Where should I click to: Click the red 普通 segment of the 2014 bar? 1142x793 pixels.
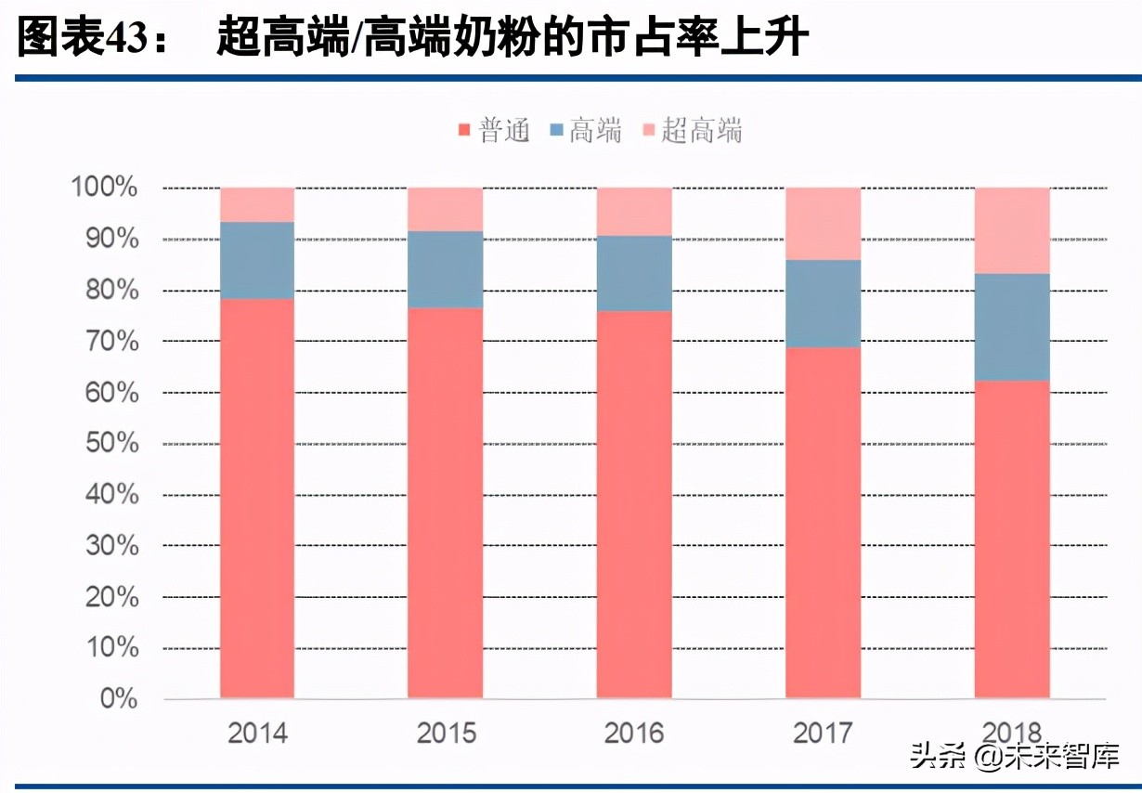pos(257,498)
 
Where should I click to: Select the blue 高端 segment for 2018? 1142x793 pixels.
pos(1011,327)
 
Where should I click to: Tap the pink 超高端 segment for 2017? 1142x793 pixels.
pos(823,224)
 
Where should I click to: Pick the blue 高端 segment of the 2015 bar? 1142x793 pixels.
pos(446,269)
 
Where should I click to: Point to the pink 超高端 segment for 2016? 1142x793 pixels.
pos(634,212)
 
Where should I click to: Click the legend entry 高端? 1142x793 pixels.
pos(586,131)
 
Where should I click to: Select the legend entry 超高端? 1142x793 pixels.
pos(692,131)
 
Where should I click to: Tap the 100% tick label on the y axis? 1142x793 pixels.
pos(104,188)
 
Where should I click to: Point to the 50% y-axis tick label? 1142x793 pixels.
pos(111,444)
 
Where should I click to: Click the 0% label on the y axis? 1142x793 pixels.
pos(118,699)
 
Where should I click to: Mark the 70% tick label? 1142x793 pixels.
pos(111,342)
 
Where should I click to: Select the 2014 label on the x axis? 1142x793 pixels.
pos(257,734)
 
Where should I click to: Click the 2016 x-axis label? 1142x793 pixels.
pos(634,734)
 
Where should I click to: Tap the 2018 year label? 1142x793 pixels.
pos(1011,734)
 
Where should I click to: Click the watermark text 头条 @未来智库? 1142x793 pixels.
pos(1014,757)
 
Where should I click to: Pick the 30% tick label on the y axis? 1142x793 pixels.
pos(111,546)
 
